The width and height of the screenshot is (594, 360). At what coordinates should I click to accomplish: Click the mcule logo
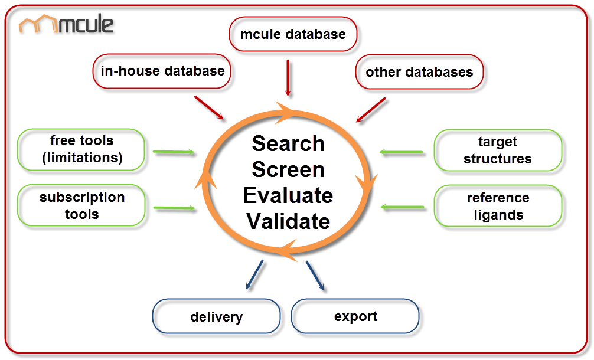tap(66, 25)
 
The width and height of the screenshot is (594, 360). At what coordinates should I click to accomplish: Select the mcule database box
tap(293, 34)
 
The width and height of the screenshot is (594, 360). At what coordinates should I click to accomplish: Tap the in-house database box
tap(162, 71)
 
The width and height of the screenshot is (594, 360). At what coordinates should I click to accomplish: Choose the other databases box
tap(419, 73)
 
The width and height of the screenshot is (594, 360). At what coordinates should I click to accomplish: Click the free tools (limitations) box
tap(82, 149)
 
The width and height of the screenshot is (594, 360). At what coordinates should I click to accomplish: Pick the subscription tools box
tap(82, 205)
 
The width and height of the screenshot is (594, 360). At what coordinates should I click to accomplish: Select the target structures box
tap(497, 150)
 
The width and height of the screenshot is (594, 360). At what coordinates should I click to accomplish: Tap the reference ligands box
tap(498, 206)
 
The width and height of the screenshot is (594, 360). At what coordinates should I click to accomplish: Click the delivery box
tap(216, 317)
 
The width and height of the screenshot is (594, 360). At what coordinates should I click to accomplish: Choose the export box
tap(355, 316)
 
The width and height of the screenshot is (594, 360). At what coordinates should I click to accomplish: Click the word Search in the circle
tap(288, 143)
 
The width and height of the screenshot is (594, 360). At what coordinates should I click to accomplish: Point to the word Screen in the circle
tap(288, 169)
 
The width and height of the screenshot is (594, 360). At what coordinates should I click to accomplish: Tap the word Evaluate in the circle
tap(288, 195)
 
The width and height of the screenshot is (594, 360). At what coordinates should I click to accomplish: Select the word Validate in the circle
tap(288, 221)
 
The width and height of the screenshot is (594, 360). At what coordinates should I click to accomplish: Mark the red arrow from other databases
tap(371, 110)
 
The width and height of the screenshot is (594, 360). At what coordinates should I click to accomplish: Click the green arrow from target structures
tap(402, 152)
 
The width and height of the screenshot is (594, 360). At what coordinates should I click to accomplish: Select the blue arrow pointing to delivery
tap(253, 276)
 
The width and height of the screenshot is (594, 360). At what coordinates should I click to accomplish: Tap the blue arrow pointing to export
tap(315, 276)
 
